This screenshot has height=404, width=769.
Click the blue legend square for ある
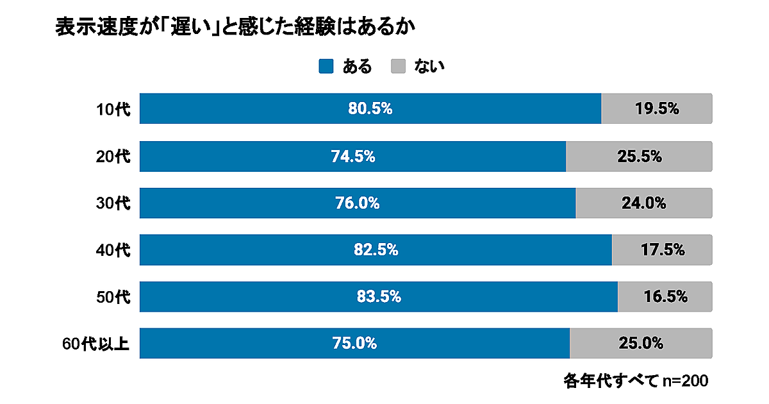click(326, 66)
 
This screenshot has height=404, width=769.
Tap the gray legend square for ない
click(399, 66)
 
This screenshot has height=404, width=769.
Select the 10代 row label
click(113, 109)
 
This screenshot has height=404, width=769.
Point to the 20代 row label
click(113, 156)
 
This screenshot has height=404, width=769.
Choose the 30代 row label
click(113, 203)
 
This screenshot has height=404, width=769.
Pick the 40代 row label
click(113, 250)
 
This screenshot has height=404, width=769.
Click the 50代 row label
click(113, 297)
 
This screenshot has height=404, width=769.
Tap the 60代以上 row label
click(96, 344)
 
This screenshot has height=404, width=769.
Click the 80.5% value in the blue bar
click(370, 109)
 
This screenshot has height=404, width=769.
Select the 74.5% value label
click(352, 156)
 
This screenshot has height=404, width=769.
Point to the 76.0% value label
click(358, 203)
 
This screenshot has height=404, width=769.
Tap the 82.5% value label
click(376, 250)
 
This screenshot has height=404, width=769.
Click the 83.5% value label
click(379, 297)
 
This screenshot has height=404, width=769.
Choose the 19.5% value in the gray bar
click(657, 109)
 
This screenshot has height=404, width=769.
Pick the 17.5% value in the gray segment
click(663, 250)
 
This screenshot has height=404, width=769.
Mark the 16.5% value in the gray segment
click(665, 297)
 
